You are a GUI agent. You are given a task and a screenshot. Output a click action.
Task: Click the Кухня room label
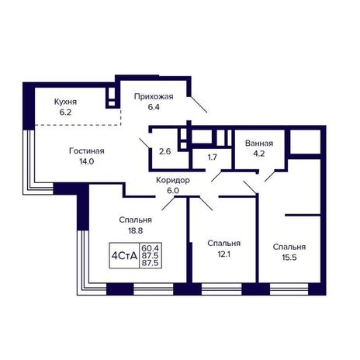coord(65,102)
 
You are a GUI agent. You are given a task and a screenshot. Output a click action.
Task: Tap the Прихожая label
coord(154,97)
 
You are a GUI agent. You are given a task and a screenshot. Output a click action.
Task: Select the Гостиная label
coord(87,151)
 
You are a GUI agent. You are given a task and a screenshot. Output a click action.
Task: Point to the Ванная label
coord(259,143)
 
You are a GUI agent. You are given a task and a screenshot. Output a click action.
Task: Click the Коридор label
coord(173,180)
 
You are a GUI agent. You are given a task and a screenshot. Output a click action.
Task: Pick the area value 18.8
coord(136,230)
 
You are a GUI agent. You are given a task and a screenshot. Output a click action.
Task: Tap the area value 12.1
coord(223,254)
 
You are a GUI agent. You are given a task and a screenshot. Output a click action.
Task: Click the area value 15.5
coord(289,258)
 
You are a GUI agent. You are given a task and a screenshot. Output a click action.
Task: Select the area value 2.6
coord(164,151)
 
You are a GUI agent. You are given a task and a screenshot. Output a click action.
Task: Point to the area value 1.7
coord(213,157)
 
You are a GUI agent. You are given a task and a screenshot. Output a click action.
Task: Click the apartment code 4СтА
coord(124,256)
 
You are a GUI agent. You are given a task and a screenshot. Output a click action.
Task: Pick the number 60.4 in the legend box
coord(151,248)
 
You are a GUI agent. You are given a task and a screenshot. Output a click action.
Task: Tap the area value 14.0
coord(87,161)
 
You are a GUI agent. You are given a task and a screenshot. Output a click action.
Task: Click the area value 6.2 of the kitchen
coord(65,112)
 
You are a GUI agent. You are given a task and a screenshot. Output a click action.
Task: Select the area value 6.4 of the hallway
coord(154,107)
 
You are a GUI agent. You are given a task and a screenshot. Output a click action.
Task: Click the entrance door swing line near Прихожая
coord(199,104)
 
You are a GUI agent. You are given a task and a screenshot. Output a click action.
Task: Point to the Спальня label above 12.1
coord(223,244)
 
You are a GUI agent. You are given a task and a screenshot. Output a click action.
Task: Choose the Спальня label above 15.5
coord(289,247)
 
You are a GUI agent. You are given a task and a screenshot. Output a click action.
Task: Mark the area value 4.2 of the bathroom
coord(259,154)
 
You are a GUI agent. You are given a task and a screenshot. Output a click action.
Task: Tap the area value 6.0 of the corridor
coord(173,191)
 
